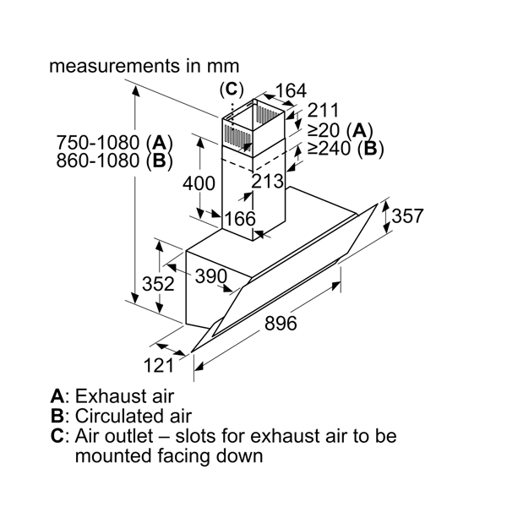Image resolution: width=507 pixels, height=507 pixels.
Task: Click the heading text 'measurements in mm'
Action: (144, 65)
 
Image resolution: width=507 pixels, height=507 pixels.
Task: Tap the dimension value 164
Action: (290, 90)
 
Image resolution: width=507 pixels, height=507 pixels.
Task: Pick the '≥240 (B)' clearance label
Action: (345, 150)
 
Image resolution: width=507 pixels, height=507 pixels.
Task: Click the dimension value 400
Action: (199, 183)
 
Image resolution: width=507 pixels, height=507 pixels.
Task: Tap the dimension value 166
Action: (239, 219)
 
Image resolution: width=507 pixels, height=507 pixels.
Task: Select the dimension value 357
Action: (407, 216)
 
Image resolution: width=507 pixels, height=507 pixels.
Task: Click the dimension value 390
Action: (210, 276)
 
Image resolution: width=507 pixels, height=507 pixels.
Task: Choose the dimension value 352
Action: (158, 284)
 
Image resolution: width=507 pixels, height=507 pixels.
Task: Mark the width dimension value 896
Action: (281, 323)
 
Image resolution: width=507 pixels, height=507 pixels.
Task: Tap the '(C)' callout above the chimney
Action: (231, 89)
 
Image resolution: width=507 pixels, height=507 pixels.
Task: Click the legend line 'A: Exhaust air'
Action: (112, 395)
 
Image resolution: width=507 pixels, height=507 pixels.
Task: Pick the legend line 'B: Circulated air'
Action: (121, 416)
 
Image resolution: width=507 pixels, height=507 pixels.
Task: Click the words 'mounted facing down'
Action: (168, 456)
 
